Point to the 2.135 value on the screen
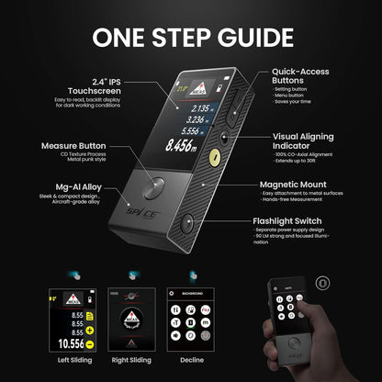(x=192, y=107)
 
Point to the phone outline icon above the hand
(x=320, y=283)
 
